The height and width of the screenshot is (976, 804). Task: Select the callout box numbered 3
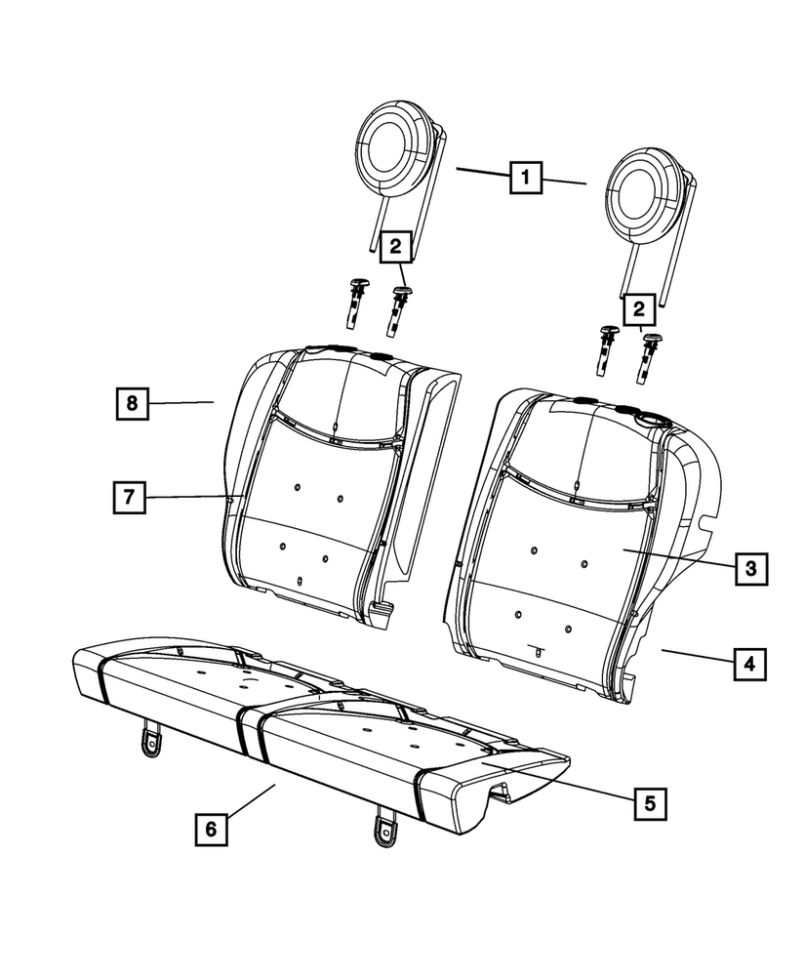click(748, 567)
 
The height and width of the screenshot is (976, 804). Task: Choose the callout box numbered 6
click(211, 829)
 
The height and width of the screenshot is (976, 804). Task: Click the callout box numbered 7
click(128, 497)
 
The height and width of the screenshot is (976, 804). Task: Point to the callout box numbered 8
click(133, 401)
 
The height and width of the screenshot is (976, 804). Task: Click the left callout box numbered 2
click(395, 247)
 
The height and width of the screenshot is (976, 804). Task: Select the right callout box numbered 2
click(640, 310)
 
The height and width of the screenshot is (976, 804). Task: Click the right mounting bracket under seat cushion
click(383, 826)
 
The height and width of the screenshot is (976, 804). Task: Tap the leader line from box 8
click(181, 401)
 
